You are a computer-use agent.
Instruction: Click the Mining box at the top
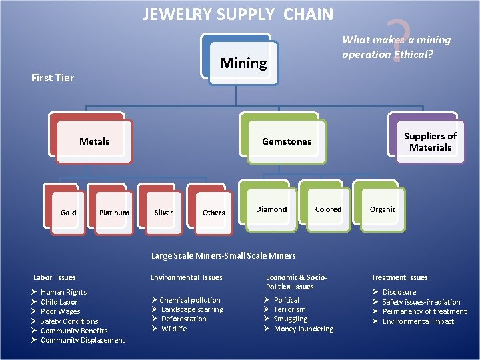(243, 63)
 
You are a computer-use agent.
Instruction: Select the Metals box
(95, 141)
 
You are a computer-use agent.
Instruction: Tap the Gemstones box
(287, 141)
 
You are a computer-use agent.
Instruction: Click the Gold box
(68, 213)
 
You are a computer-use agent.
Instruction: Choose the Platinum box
(114, 213)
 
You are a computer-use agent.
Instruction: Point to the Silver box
(163, 213)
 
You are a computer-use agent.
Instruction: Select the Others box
(213, 213)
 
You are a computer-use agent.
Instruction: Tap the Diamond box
(272, 209)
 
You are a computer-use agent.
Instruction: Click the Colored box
(328, 209)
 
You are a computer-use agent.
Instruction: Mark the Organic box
(383, 209)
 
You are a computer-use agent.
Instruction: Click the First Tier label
(53, 78)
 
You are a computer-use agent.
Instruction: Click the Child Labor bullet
(59, 302)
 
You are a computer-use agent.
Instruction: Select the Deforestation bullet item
(183, 319)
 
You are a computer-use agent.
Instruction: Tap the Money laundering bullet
(303, 329)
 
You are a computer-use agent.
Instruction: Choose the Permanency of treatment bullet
(424, 311)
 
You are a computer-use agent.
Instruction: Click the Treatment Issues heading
(399, 277)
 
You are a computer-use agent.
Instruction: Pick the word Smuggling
(291, 319)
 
